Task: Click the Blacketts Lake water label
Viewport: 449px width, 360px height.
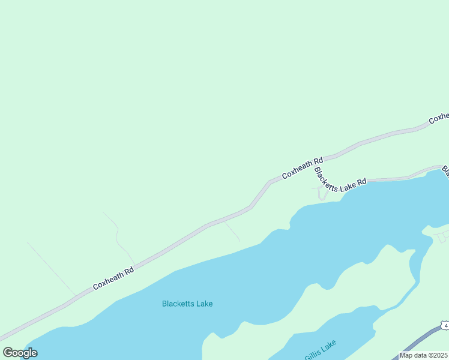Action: pos(187,304)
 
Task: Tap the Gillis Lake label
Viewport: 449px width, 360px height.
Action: pos(321,350)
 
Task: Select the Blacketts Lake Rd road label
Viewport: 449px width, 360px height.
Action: pos(340,180)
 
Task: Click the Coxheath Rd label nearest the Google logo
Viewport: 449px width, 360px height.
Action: pos(113,279)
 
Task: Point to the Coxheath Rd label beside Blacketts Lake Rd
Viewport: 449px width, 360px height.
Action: pos(303,169)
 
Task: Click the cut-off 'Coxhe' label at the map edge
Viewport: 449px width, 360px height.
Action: pos(439,118)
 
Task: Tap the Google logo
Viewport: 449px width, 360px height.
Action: pos(20,353)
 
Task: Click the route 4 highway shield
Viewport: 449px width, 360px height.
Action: pos(445,325)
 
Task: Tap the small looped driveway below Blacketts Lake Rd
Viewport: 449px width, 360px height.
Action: pos(322,194)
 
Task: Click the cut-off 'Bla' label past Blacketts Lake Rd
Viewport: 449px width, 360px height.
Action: pos(445,172)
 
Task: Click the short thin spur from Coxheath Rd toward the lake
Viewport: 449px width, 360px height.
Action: pos(232,231)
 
